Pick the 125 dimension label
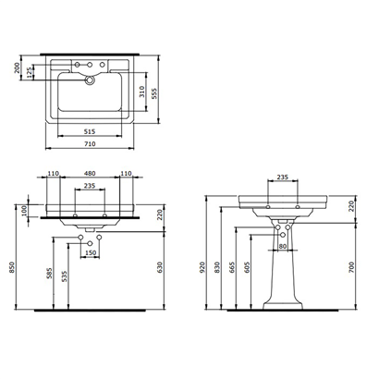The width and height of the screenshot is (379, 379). click(31, 74)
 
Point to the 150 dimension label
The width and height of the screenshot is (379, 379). click(92, 252)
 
